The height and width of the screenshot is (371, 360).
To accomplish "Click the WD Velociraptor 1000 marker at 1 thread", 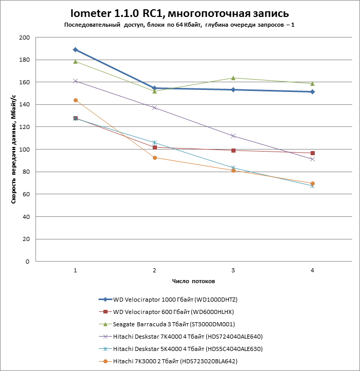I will [x=76, y=50].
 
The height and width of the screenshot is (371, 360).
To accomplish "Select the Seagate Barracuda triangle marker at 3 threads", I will [x=233, y=78].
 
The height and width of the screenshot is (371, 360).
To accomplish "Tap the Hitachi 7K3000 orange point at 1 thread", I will [x=76, y=100].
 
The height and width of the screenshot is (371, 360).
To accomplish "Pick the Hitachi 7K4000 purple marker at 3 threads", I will [x=233, y=136].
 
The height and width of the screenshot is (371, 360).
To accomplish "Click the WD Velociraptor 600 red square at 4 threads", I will [x=313, y=153].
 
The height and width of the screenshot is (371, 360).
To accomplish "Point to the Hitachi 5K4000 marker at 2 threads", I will [x=154, y=143].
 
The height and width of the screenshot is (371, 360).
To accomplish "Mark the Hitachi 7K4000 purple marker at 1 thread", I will [x=76, y=81].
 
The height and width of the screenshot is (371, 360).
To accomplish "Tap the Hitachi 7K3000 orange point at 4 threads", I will [x=313, y=183].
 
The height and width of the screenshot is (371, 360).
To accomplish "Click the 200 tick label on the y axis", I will [x=24, y=38].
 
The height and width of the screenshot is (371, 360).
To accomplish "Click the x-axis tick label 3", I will [x=233, y=270].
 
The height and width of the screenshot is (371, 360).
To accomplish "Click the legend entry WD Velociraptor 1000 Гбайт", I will [x=175, y=299].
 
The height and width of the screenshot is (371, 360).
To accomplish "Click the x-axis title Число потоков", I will [x=193, y=282].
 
